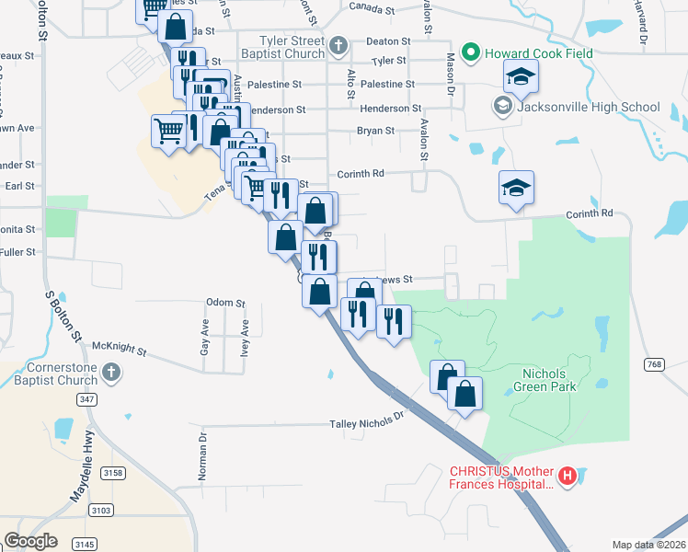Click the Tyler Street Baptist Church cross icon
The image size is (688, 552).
pyautogui.click(x=338, y=44)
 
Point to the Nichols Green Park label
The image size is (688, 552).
pyautogui.click(x=549, y=380)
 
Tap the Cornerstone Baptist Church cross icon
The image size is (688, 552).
pyautogui.click(x=110, y=372)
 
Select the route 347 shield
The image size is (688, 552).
pyautogui.click(x=86, y=399)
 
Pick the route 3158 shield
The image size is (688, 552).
pyautogui.click(x=113, y=473)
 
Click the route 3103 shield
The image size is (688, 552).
pyautogui.click(x=102, y=510)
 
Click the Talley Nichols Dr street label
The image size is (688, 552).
pyautogui.click(x=367, y=424)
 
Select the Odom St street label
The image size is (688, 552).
pyautogui.click(x=225, y=302)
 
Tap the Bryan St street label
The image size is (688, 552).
pyautogui.click(x=375, y=131)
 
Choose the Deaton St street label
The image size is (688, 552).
pyautogui.click(x=384, y=40)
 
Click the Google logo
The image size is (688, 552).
pyautogui.click(x=30, y=541)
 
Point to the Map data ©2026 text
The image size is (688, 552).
pyautogui.click(x=648, y=545)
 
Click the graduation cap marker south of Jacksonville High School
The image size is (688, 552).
pyautogui.click(x=516, y=189)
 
